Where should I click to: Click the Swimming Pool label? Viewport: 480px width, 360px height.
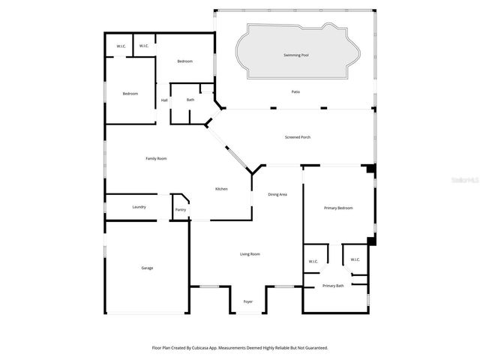pos(295,55)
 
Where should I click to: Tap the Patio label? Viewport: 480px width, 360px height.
pos(295,91)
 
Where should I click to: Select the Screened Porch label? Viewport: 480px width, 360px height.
pos(298,136)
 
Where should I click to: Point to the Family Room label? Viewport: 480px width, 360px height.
pos(156,158)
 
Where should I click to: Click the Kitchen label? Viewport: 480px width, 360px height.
pos(221,188)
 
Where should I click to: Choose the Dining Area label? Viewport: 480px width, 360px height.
pos(277,194)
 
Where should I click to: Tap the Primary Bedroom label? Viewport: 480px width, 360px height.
pos(337,207)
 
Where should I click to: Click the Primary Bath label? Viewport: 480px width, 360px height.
pos(333,286)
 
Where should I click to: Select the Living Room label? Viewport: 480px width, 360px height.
pos(250,254)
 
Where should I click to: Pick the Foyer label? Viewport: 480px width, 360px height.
pos(248,301)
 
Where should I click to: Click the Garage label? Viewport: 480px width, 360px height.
pos(147,268)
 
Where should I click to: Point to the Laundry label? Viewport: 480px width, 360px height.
pos(139,206)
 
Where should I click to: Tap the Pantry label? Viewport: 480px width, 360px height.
pos(180,210)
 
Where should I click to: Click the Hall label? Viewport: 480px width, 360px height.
pos(164,100)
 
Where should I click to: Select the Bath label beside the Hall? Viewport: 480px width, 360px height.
pos(190,100)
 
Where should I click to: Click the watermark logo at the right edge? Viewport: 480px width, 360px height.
pos(463,180)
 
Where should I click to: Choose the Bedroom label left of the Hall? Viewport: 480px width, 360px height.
pos(130,93)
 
